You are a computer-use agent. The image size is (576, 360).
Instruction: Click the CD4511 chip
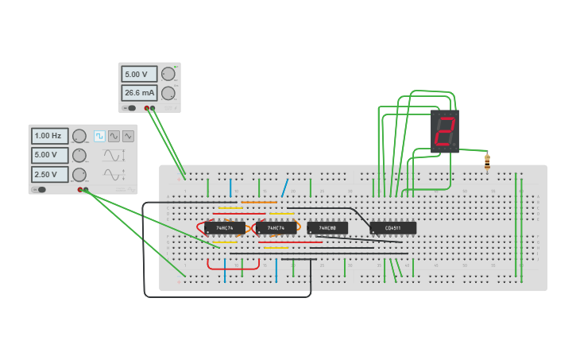click(392, 228)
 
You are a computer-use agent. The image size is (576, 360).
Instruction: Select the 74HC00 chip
click(327, 228)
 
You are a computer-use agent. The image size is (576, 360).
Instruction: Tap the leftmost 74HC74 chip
click(225, 228)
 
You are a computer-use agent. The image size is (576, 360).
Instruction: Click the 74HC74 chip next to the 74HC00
click(276, 228)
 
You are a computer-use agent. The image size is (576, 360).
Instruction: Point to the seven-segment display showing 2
click(445, 131)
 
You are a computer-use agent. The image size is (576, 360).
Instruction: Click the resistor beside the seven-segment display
click(487, 161)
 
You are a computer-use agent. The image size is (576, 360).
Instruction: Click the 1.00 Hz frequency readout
click(49, 136)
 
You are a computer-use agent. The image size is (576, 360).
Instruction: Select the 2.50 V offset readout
click(49, 174)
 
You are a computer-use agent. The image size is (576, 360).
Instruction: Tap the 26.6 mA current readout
click(139, 93)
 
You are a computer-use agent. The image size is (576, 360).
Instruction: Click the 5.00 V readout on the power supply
click(139, 74)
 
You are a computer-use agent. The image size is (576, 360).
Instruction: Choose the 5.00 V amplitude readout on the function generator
click(49, 155)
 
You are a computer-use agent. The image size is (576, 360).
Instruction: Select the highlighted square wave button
click(99, 136)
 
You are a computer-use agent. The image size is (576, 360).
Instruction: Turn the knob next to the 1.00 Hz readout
click(79, 136)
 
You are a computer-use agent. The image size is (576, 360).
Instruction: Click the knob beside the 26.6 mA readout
click(168, 93)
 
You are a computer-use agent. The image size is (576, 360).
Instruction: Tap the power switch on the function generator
click(39, 189)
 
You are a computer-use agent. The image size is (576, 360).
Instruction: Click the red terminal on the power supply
click(146, 107)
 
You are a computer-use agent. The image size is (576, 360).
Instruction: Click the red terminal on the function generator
click(80, 189)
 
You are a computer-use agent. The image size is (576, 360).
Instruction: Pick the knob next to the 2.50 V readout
click(79, 174)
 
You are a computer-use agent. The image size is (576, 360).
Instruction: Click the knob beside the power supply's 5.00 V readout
click(168, 74)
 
